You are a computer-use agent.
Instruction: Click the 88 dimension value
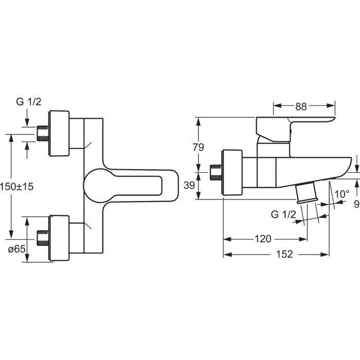[301, 107]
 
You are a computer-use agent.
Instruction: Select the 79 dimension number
[198, 147]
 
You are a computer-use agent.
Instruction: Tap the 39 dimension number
[189, 185]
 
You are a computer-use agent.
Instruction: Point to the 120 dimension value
[263, 239]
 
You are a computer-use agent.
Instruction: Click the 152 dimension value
[284, 254]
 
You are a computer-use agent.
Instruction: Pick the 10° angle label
[342, 194]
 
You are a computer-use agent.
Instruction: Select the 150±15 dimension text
[16, 186]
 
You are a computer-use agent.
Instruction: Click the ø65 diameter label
[17, 249]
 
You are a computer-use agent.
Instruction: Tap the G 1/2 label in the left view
[29, 102]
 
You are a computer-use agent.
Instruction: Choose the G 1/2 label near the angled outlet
[283, 214]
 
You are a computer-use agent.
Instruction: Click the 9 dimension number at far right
[357, 204]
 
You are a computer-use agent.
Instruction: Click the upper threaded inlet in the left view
[43, 134]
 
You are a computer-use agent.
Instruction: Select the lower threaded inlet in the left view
[43, 238]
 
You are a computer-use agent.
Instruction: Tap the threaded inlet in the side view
[216, 172]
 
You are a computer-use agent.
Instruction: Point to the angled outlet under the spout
[307, 193]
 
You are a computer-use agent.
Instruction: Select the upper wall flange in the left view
[59, 133]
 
